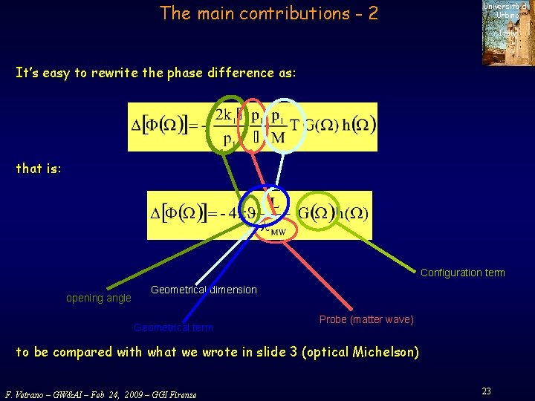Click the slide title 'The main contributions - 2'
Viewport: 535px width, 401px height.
268,13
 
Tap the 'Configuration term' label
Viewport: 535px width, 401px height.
462,273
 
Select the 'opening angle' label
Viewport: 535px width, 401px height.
98,299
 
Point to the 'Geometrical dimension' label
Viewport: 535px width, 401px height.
204,290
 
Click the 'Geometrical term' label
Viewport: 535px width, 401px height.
172,327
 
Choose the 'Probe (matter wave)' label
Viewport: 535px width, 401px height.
366,319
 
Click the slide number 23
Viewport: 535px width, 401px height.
486,391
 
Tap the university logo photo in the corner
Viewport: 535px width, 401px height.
508,33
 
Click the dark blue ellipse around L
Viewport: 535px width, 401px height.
273,205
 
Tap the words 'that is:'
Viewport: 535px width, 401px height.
39,169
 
